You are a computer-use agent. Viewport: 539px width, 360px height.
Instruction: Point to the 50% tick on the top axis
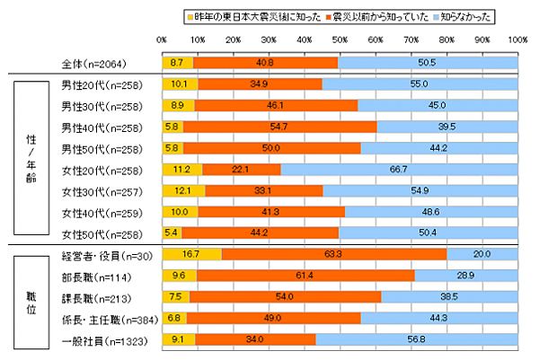coord(340,40)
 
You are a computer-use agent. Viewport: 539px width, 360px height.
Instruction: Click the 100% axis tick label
coord(517,40)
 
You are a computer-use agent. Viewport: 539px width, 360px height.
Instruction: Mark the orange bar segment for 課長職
coord(285,296)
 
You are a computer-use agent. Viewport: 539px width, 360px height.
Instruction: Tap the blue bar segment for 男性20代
coord(420,85)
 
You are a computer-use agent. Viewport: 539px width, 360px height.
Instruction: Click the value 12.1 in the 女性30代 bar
coord(182,190)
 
